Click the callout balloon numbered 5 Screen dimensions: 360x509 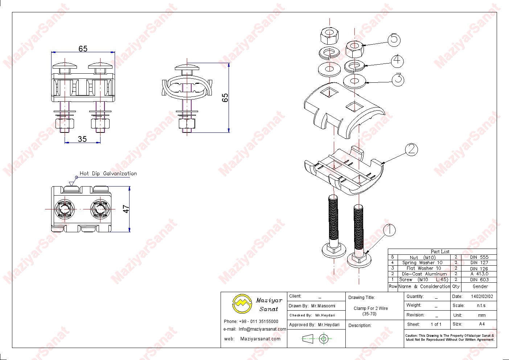tap(394, 39)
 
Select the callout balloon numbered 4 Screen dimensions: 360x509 tap(398, 60)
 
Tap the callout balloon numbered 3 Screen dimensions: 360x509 tap(398, 79)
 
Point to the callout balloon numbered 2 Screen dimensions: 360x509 tap(411, 149)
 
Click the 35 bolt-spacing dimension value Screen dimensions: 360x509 tap(82, 139)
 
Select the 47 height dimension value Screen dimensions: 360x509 tap(126, 209)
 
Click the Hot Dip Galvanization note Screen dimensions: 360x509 tap(108, 173)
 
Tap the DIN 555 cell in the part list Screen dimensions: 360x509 tap(479, 257)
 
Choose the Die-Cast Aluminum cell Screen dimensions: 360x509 tap(424, 274)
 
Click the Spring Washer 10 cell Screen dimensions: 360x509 tap(422, 262)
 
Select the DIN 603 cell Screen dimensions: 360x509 tap(479, 279)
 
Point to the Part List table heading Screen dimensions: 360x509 tap(440, 251)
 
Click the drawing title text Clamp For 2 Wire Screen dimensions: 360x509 tap(370, 308)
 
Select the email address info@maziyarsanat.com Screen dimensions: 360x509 tap(262, 329)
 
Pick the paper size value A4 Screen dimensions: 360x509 tap(481, 324)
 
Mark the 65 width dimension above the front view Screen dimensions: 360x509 tap(83, 49)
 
